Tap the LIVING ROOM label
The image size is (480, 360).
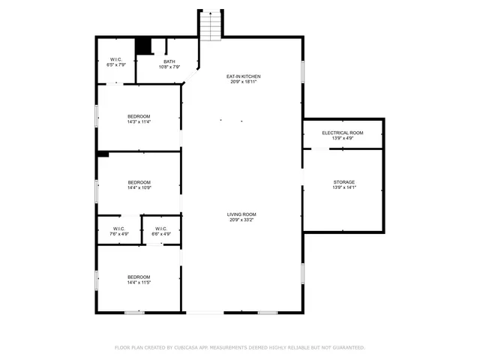click(242, 214)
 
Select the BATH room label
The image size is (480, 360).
click(169, 61)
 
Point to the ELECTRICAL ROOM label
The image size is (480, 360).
click(343, 133)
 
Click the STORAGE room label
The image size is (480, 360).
click(344, 182)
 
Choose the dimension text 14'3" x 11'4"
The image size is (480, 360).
click(139, 121)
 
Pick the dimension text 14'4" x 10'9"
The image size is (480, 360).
click(139, 187)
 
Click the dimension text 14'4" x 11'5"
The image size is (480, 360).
click(139, 283)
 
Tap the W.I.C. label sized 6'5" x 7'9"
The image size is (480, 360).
click(116, 65)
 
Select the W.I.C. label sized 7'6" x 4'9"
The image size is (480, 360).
click(118, 234)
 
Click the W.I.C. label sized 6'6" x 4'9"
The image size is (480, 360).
click(161, 234)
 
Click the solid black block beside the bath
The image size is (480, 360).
click(144, 46)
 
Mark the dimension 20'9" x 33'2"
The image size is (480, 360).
click(242, 220)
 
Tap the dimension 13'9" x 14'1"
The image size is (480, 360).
click(344, 187)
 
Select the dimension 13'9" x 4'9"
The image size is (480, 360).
click(343, 138)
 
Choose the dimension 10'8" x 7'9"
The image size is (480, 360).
click(169, 67)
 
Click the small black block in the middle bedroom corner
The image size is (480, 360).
click(103, 154)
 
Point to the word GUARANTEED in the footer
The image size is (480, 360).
click(348, 347)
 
